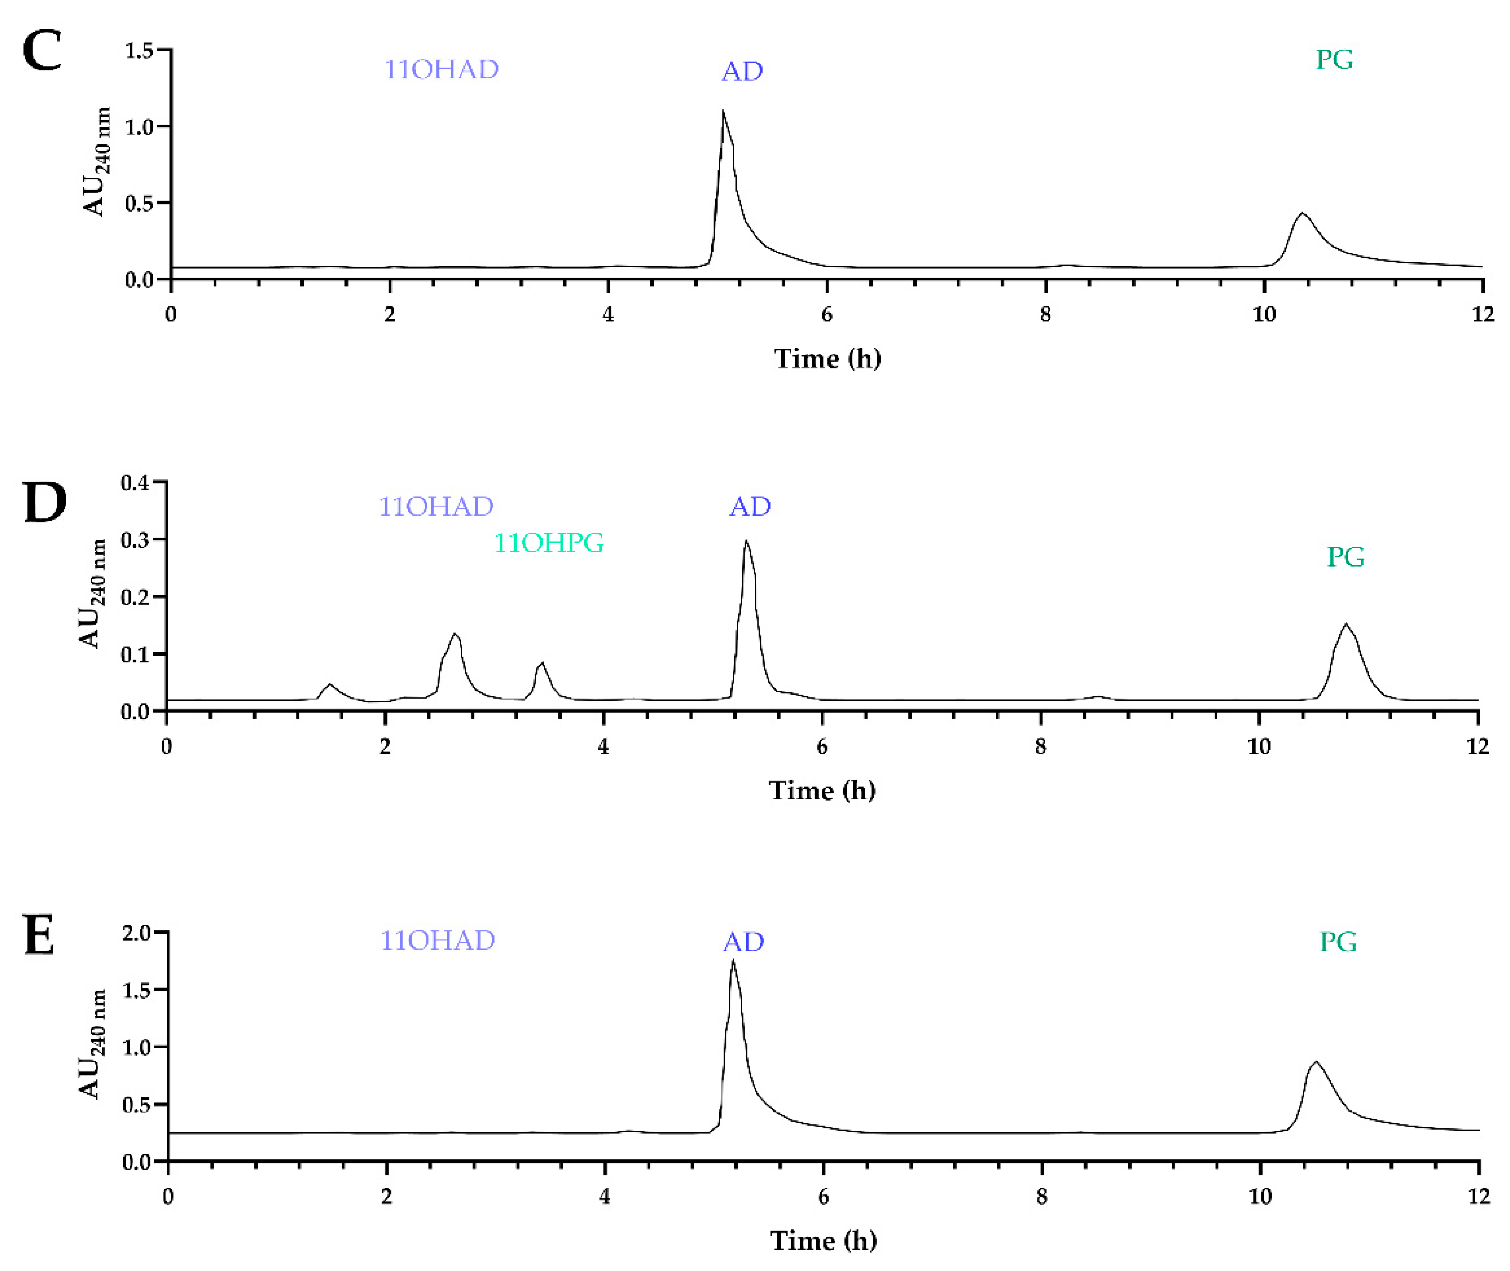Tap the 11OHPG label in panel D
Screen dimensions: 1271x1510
click(x=549, y=542)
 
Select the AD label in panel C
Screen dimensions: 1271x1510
click(x=742, y=71)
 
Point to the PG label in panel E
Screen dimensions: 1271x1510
click(x=1338, y=942)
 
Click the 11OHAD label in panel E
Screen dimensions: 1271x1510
click(x=437, y=940)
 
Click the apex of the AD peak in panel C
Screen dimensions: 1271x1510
click(x=723, y=111)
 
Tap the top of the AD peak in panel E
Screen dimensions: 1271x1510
click(x=733, y=960)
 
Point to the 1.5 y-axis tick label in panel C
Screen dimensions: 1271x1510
click(x=138, y=50)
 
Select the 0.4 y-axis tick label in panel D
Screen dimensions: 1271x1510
click(x=135, y=482)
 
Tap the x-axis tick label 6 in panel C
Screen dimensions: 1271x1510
click(x=827, y=315)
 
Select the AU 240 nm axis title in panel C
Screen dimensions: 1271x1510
click(x=96, y=161)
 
